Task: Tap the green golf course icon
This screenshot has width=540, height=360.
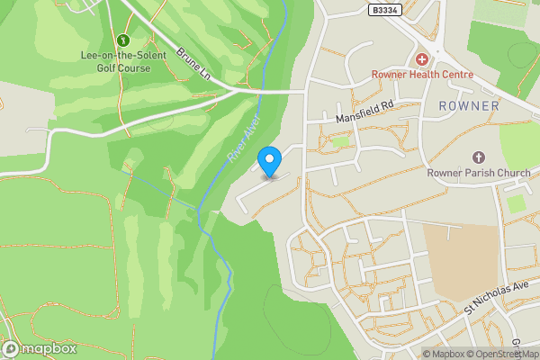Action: (x=122, y=40)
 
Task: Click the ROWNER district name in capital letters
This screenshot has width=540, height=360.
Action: (x=468, y=106)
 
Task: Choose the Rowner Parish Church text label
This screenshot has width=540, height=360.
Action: (x=477, y=173)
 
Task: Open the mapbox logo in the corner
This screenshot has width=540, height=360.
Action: (x=40, y=348)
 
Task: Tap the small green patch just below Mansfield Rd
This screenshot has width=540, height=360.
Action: (x=339, y=141)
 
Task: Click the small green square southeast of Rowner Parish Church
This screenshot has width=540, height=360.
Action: (x=516, y=203)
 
